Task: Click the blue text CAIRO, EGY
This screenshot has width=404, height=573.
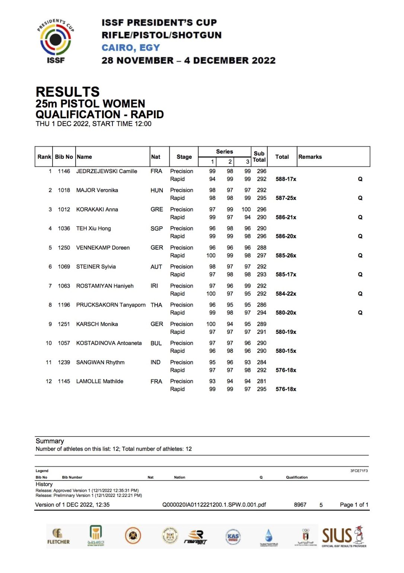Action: coord(131,48)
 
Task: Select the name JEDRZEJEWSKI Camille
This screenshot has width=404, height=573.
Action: coord(106,171)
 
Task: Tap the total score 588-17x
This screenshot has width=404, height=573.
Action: coord(286,179)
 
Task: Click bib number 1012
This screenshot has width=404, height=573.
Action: coord(64,210)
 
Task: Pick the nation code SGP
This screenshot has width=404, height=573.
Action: coord(156,229)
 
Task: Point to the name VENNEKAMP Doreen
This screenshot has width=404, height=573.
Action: coord(103,248)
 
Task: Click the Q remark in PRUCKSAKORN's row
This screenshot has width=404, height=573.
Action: coord(360,313)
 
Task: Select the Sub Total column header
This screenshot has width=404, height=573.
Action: coord(259,157)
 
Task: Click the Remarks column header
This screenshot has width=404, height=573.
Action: coord(310,157)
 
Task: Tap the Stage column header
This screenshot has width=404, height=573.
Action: coord(184,157)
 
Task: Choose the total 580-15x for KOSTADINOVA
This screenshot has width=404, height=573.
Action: coord(286,351)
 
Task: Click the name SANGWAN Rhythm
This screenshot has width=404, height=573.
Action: coord(100,363)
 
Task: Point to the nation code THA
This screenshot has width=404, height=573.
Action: coord(156,305)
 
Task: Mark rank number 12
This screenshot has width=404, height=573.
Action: coord(49,382)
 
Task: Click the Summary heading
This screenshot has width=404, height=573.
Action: coord(50,441)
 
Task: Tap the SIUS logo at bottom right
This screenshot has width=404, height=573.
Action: coord(344,536)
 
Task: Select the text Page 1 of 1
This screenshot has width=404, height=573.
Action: coord(354,505)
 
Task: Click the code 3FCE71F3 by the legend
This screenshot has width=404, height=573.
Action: coord(359,471)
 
